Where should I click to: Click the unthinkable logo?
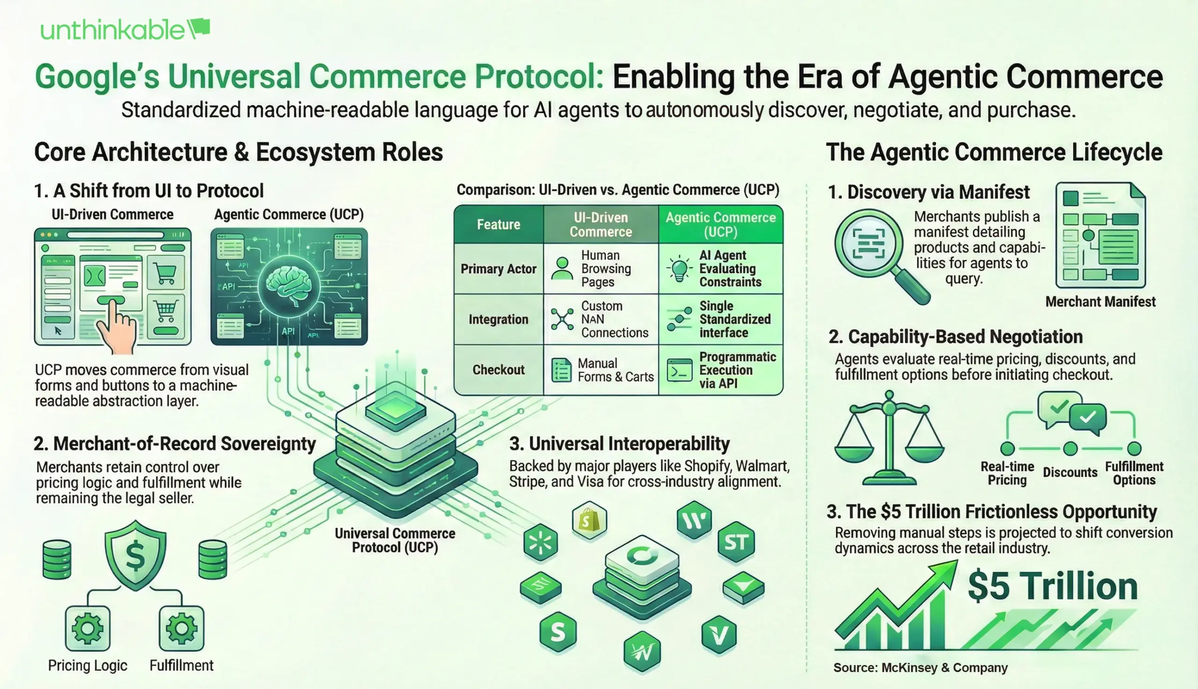(124, 30)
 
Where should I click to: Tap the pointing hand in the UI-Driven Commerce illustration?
(116, 326)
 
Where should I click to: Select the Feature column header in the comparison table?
(498, 225)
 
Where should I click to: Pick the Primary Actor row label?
(498, 269)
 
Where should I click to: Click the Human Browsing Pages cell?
(600, 269)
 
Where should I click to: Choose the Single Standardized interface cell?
(720, 319)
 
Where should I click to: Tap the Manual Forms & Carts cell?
(600, 370)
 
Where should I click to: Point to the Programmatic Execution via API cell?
(720, 370)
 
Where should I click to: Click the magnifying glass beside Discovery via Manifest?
(876, 251)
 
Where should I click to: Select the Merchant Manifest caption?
(1100, 301)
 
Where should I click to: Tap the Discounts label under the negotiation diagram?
(1070, 472)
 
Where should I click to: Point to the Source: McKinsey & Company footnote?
(920, 667)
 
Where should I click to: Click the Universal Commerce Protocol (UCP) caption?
(395, 540)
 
